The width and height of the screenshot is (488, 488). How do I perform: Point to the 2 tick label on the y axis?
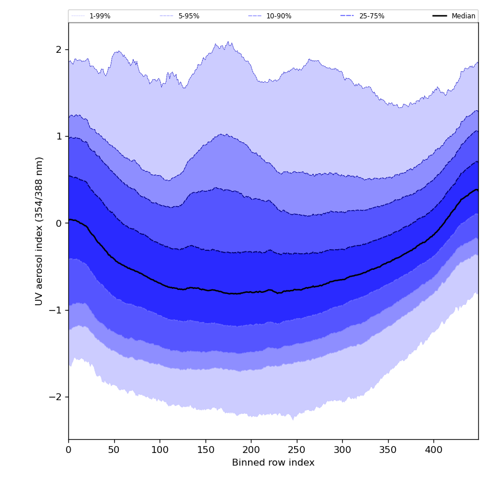pos(59,50)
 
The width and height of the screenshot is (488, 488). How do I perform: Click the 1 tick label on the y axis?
pos(59,137)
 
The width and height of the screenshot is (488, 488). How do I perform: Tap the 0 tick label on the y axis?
pos(59,223)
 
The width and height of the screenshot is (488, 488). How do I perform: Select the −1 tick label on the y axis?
pos(56,310)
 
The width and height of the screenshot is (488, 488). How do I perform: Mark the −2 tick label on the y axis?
pos(56,397)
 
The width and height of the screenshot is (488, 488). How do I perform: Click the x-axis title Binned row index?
pos(273,463)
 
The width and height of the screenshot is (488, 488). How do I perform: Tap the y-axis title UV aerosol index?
pos(39,231)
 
